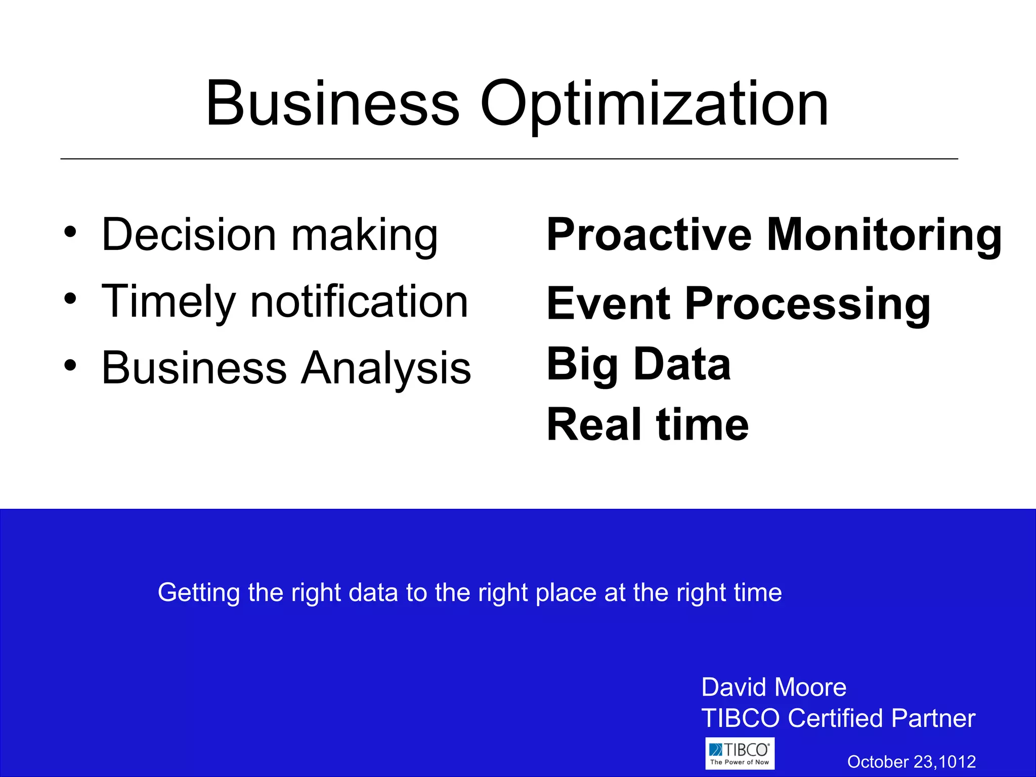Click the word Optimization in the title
[654, 105]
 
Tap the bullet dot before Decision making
[70, 232]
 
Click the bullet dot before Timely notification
[70, 298]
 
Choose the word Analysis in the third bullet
[386, 368]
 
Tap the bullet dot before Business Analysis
[70, 365]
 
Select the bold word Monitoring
[884, 236]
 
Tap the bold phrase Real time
[647, 425]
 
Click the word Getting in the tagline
[198, 593]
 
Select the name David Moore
[773, 687]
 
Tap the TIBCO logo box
[740, 753]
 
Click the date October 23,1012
[911, 761]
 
